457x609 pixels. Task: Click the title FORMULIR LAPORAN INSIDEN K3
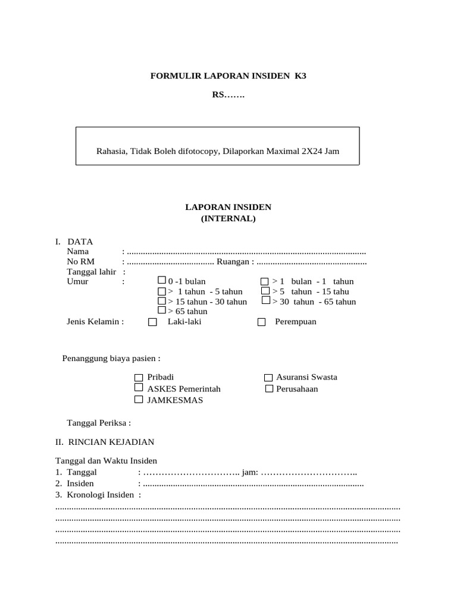pyautogui.click(x=228, y=76)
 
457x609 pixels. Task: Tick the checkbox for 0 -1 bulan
pyautogui.click(x=162, y=280)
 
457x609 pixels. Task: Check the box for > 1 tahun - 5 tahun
pyautogui.click(x=162, y=291)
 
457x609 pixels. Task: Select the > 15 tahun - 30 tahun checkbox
pyautogui.click(x=162, y=301)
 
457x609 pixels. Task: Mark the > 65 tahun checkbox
pyautogui.click(x=162, y=310)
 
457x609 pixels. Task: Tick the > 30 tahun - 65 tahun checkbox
pyautogui.click(x=265, y=301)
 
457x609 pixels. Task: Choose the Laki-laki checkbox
pyautogui.click(x=152, y=322)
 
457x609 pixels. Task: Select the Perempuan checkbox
pyautogui.click(x=262, y=322)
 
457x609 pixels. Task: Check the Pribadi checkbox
pyautogui.click(x=139, y=378)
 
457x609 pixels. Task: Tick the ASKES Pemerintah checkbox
pyautogui.click(x=139, y=388)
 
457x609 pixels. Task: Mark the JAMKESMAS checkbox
pyautogui.click(x=139, y=400)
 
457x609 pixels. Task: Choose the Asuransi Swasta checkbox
pyautogui.click(x=268, y=378)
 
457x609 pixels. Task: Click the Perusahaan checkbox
pyautogui.click(x=269, y=389)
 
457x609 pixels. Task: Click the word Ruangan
pyautogui.click(x=233, y=262)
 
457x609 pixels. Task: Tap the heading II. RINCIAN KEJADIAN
pyautogui.click(x=105, y=442)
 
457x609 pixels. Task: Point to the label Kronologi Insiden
pyautogui.click(x=101, y=495)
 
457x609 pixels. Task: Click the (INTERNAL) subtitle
pyautogui.click(x=228, y=218)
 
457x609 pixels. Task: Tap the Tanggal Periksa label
pyautogui.click(x=99, y=423)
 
